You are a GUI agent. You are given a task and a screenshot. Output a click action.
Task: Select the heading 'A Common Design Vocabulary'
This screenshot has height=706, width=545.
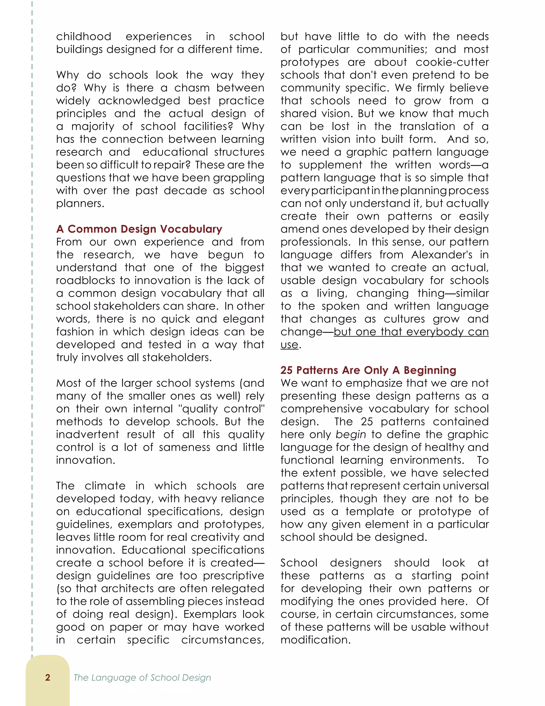[x=139, y=229]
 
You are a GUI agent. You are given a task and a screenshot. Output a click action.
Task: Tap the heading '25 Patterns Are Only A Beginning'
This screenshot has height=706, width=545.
[x=368, y=370]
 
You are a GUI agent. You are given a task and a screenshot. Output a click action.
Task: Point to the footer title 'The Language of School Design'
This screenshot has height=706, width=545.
[x=142, y=677]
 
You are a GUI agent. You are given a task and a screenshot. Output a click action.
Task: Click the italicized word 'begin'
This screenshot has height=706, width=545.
[x=351, y=435]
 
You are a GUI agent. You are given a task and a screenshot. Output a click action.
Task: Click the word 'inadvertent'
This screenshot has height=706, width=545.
[x=87, y=435]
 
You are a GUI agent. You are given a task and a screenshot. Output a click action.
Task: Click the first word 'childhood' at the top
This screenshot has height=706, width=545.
[x=84, y=36]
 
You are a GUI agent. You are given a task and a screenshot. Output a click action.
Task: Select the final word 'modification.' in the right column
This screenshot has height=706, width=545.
[x=315, y=640]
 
